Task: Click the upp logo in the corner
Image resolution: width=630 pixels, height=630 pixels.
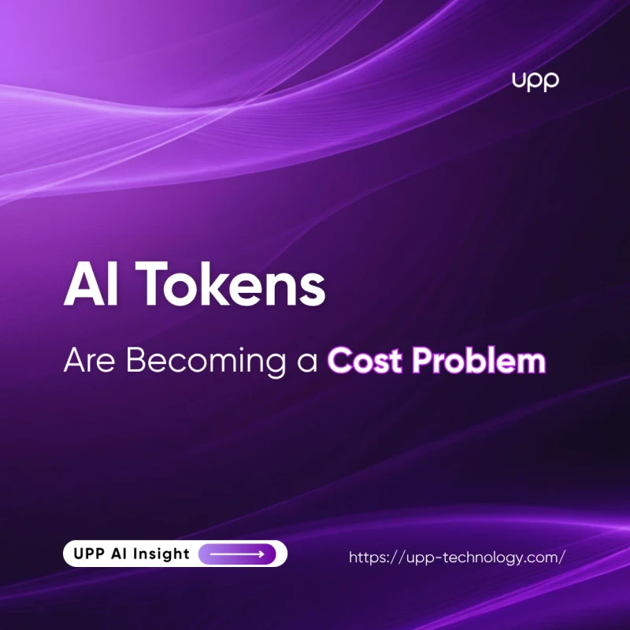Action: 535,82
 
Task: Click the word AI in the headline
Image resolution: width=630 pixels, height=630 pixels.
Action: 91,283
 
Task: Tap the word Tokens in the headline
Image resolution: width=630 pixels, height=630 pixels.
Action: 231,283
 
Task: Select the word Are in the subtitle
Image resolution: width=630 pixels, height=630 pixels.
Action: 89,360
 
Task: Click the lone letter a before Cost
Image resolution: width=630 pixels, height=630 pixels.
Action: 307,363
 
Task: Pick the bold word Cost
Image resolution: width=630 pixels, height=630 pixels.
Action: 365,360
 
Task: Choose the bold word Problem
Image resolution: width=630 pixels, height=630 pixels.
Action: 479,360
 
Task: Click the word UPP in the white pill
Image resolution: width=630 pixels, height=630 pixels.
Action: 87,554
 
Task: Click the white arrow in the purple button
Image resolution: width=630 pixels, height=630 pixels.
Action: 237,554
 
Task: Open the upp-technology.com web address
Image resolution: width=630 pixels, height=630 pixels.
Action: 458,558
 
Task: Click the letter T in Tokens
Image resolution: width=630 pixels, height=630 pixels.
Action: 152,283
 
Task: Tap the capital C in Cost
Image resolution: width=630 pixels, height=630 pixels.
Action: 339,360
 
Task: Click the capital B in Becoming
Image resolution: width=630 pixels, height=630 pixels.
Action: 135,360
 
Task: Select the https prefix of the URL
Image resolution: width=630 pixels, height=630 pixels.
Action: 368,558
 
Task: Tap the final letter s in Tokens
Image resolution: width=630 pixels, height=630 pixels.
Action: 313,290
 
